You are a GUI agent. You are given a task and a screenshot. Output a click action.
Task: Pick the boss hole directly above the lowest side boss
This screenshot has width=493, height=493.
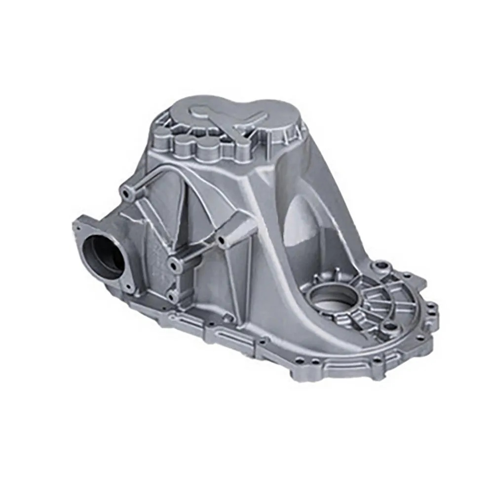[174, 265]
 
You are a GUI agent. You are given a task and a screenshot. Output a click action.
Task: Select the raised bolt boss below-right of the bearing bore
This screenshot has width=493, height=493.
[390, 326]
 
